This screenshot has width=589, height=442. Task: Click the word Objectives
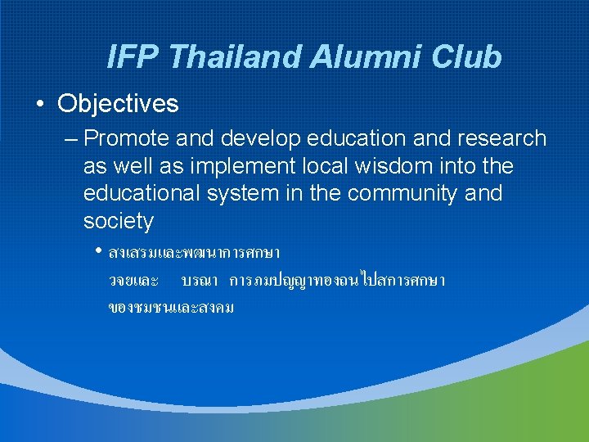pos(118,104)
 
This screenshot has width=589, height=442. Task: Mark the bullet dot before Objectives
pos(39,105)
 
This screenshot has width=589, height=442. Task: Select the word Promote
pos(123,139)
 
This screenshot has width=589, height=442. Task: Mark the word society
pos(118,222)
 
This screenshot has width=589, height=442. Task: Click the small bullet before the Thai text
pos(99,250)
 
